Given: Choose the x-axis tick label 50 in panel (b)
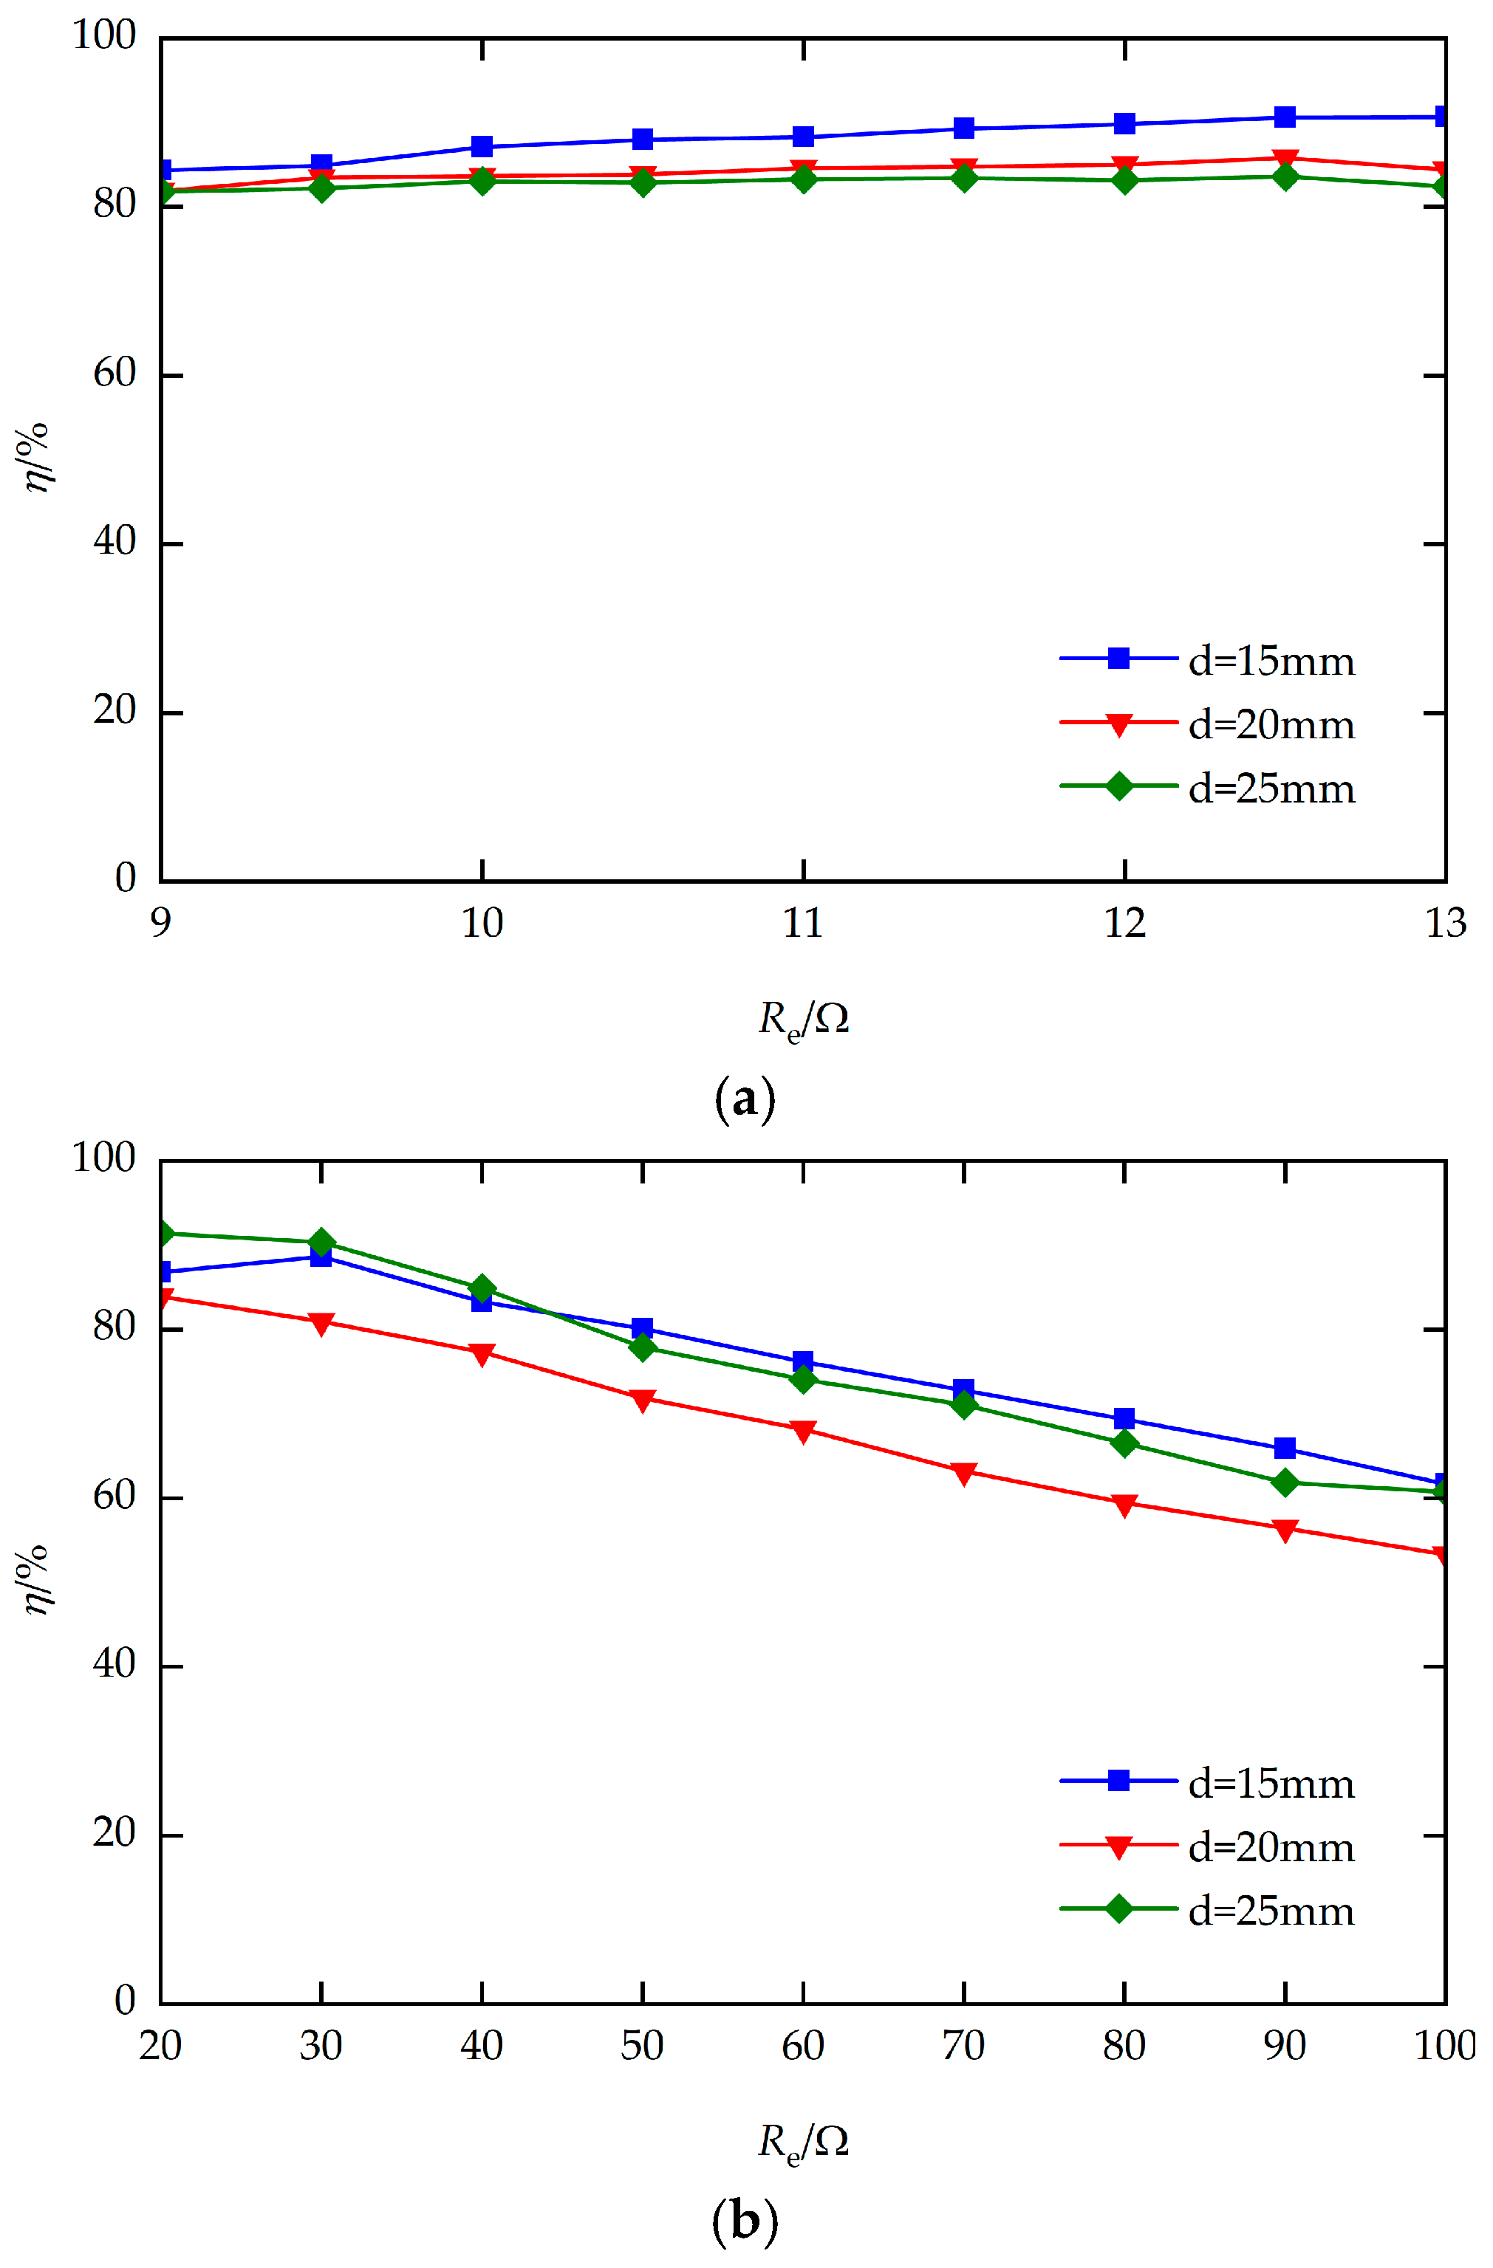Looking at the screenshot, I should (642, 2046).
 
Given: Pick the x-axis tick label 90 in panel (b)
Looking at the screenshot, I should (1284, 2046).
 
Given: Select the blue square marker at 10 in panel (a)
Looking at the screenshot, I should (482, 147).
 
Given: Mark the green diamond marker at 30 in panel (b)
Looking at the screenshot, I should (321, 1243).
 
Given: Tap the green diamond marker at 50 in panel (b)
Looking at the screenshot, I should (642, 1347).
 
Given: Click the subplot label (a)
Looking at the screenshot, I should (745, 1100).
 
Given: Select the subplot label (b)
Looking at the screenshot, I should (745, 2221).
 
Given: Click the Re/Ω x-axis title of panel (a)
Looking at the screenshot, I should (803, 1020).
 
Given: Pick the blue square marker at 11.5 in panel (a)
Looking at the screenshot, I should (964, 128).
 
